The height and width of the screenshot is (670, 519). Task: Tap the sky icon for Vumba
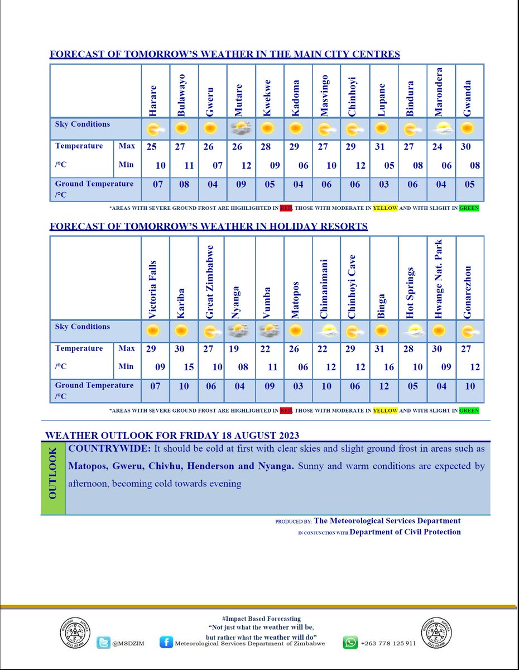tap(270, 331)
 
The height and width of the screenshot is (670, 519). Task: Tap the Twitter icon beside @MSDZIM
tap(103, 643)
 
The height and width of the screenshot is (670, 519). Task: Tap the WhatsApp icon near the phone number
tap(350, 643)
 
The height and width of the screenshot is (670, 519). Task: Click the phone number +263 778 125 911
tap(388, 643)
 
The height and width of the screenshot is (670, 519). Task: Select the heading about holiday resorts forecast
tap(208, 226)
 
